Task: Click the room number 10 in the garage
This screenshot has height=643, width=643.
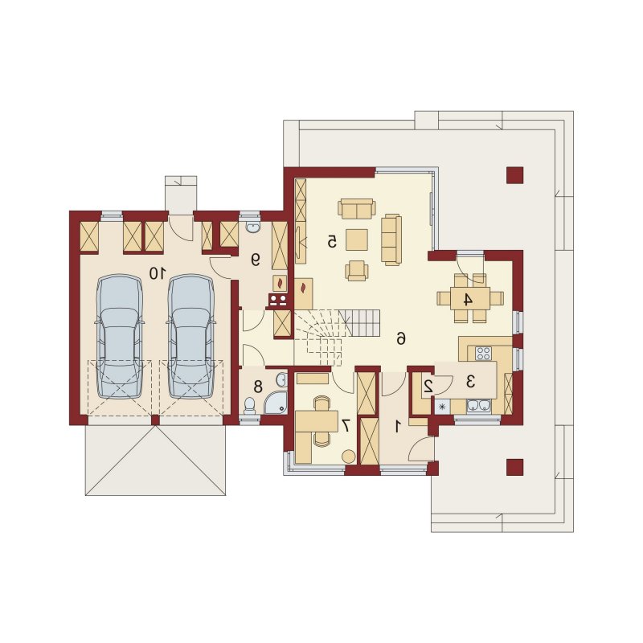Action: tap(158, 272)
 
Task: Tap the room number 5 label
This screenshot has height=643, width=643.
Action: tap(332, 242)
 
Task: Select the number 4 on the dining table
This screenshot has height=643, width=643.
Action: tap(468, 300)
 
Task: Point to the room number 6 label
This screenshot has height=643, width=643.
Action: tap(400, 338)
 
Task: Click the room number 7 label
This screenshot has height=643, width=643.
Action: tap(346, 426)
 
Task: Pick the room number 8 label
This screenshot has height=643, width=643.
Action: tap(258, 386)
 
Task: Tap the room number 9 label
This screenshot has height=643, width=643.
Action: tap(256, 260)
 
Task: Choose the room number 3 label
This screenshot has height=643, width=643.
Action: tap(471, 382)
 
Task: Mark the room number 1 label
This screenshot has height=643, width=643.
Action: tap(397, 428)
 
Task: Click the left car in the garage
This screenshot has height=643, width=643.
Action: tap(120, 337)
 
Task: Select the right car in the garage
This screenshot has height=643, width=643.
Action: tap(190, 337)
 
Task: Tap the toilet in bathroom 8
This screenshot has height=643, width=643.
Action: tap(250, 405)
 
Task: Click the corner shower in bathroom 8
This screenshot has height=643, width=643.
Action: tap(276, 403)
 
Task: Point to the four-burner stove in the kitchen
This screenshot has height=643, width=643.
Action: tap(483, 353)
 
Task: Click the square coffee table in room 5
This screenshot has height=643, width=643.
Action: tap(357, 240)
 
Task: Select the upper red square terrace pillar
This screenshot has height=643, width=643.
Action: tap(515, 175)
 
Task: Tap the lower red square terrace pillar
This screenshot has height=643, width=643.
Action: tap(515, 467)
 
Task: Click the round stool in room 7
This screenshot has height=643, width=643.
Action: tap(349, 457)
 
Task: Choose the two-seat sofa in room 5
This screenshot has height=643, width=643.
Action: tap(357, 208)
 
